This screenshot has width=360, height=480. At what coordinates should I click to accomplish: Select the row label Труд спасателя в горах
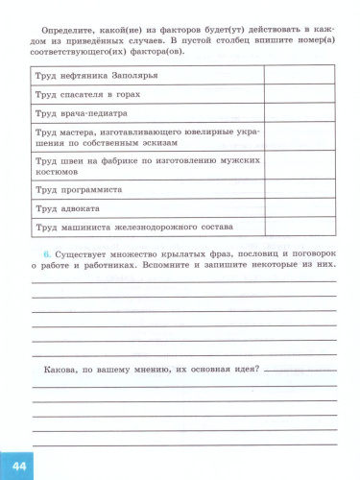[x=88, y=95]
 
